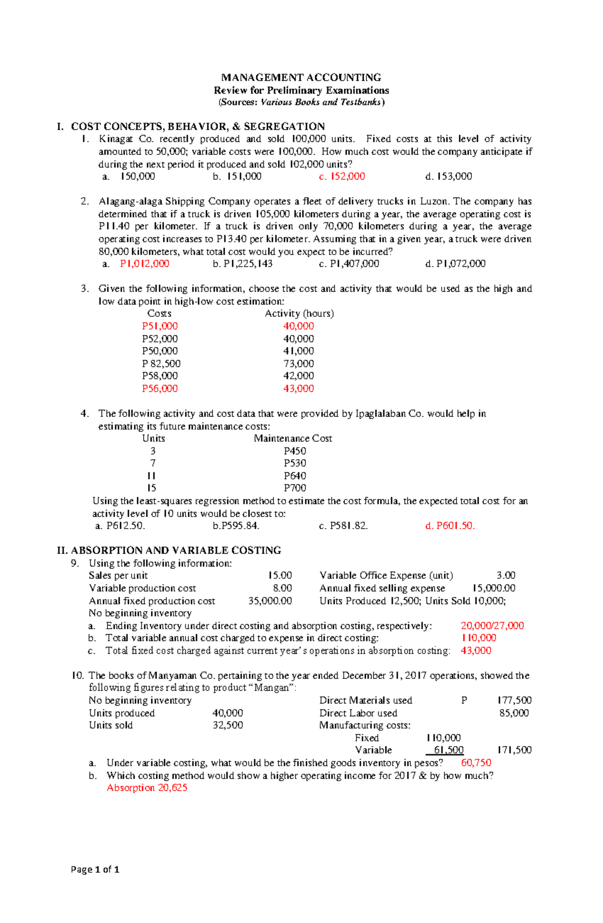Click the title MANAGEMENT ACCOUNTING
pos(301,77)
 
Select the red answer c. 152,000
pos(342,177)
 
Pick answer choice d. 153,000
pos(448,177)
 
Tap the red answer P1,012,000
pos(144,264)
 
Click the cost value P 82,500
pos(161,364)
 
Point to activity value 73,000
pos(298,364)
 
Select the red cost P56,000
pos(160,388)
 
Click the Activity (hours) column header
pos(299,313)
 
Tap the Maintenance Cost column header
pos(292,438)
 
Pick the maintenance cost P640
pos(294,476)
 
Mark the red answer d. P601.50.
pos(450,526)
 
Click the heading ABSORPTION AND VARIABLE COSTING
pos(176,550)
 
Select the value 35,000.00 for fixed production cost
pos(270,601)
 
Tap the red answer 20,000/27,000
pos(492,626)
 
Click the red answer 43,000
pos(476,650)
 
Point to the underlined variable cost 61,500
pos(448,750)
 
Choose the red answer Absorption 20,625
pos(147,788)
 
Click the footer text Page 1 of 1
pos(95,869)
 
